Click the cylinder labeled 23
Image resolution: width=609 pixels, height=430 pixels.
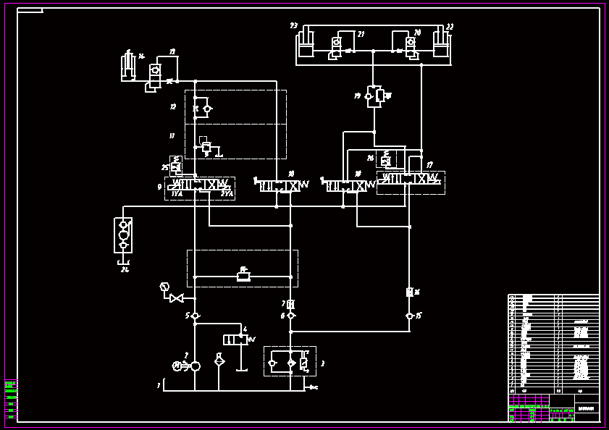point(306,43)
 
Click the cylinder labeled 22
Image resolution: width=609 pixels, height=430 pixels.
point(441,43)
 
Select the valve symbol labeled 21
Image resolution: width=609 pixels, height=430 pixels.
point(337,46)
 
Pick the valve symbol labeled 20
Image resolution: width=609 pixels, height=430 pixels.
point(411,46)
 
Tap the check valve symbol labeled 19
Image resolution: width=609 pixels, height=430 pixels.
point(374,96)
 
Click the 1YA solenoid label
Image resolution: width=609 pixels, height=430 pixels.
point(177,193)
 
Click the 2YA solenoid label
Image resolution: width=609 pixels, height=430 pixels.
point(227,193)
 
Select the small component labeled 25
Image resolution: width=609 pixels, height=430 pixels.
point(175,166)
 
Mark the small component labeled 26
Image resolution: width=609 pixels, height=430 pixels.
point(386,160)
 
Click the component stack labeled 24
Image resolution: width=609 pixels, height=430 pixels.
point(123,235)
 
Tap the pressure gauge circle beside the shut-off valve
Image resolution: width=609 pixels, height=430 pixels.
point(164,287)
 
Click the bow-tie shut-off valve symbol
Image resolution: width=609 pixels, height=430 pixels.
point(176,298)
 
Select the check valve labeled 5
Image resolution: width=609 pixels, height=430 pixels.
point(195,316)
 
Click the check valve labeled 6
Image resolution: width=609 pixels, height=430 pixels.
point(290,316)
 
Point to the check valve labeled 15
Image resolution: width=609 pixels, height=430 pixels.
point(409,316)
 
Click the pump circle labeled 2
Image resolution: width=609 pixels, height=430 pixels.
point(195,366)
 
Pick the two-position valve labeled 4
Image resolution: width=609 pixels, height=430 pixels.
point(235,340)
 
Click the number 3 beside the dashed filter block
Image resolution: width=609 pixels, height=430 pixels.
point(322,363)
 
